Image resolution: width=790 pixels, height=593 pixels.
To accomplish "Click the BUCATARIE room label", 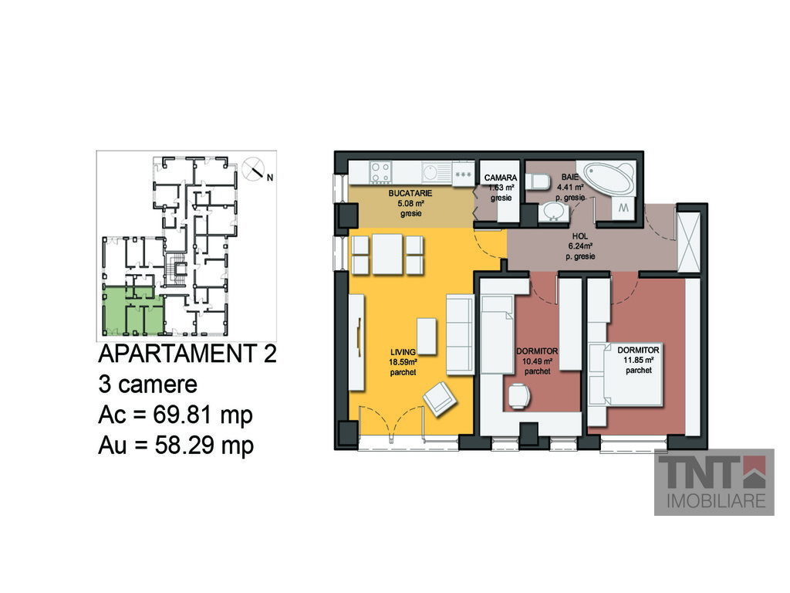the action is coord(410,193).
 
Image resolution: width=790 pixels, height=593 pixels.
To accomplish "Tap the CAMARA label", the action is coord(500,178).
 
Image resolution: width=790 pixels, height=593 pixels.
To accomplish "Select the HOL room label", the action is coord(580,236).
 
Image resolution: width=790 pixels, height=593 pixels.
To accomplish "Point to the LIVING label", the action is coord(403,352).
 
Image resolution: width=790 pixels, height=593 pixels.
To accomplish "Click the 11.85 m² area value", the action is coord(639,360).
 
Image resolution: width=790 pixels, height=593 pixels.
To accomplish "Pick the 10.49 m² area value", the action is coord(537,361).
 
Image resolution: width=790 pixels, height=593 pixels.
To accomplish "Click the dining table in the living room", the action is coord(387,254).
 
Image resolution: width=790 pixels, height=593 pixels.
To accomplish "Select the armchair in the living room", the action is coord(440,399).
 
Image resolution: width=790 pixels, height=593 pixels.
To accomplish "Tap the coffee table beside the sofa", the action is coord(427,337).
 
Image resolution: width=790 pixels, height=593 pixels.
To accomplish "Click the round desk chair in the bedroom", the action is coord(519,396).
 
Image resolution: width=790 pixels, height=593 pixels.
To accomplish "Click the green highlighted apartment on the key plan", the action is coord(133,311).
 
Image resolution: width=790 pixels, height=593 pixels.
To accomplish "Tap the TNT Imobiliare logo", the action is coord(714,482).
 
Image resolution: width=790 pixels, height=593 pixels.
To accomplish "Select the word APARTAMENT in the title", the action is coord(177,354).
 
